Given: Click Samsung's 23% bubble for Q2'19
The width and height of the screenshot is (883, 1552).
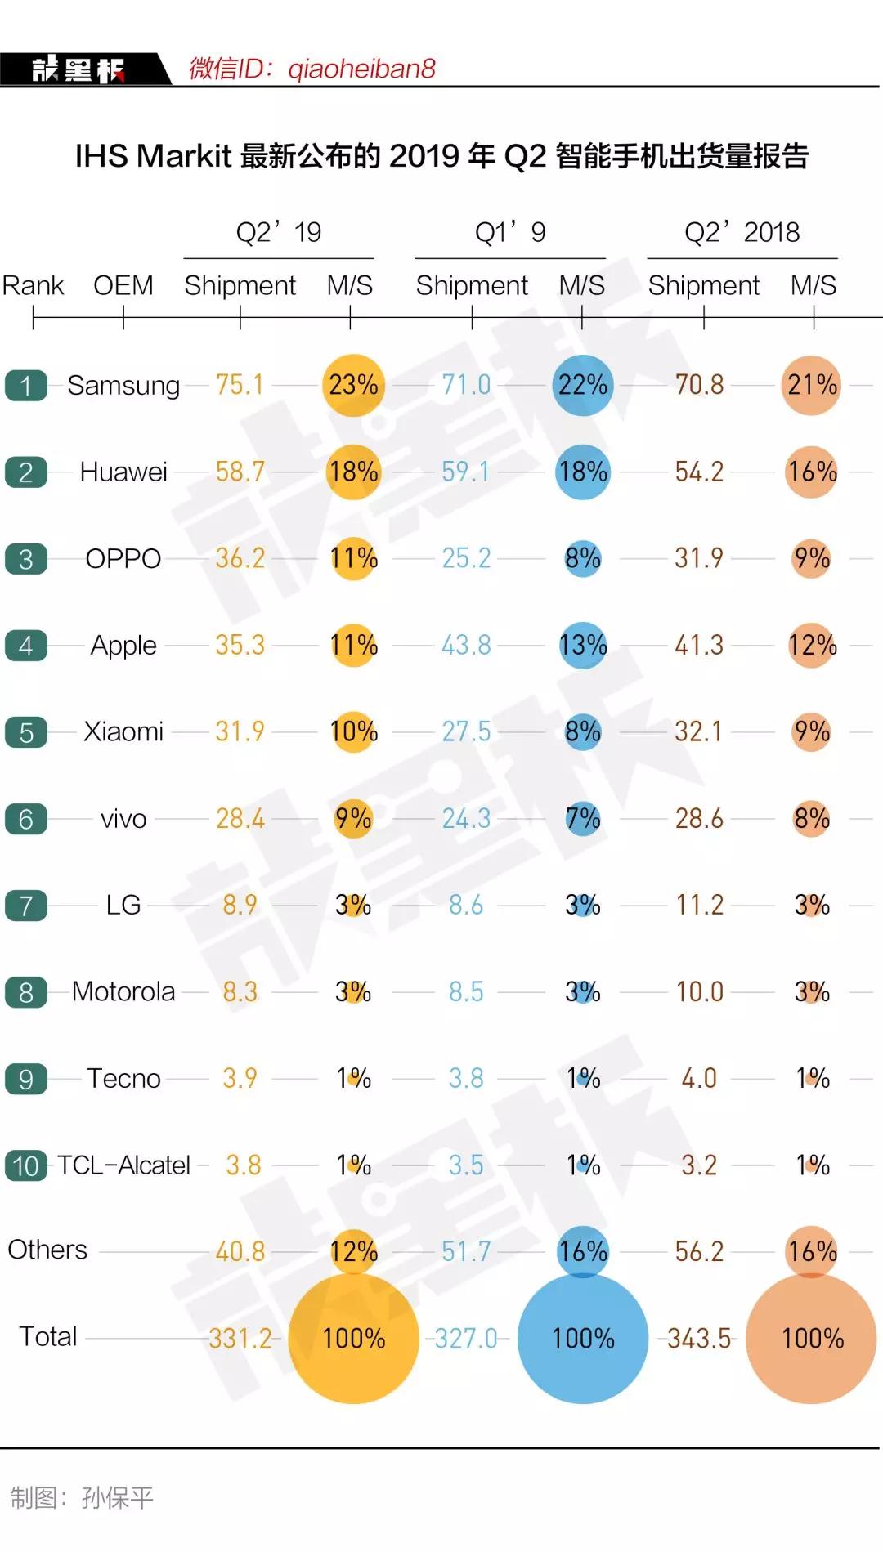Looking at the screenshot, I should pos(353,385).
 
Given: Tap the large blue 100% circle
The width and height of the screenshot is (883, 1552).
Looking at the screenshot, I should pos(583,1338).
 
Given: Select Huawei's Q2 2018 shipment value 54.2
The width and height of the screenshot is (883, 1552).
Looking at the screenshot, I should pos(699,472).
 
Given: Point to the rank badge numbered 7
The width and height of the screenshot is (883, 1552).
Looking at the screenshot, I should pos(26,906).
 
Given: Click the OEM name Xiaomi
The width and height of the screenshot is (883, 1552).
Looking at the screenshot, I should pos(123,731).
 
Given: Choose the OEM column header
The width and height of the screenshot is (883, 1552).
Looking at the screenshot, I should pos(123,285).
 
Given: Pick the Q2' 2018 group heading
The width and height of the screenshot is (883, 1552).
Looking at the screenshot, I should pos(742,232).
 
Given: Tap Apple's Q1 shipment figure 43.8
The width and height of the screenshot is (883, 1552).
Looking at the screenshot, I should pos(466,646).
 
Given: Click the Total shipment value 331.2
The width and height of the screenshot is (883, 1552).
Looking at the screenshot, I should pos(240,1339).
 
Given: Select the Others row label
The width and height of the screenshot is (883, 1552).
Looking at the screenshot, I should pos(47,1250).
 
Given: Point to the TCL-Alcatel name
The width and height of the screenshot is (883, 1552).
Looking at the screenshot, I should pos(123,1165).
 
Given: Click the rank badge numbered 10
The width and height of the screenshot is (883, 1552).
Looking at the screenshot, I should pos(26,1165).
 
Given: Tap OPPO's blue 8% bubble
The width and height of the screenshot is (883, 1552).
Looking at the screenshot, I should pos(583,559).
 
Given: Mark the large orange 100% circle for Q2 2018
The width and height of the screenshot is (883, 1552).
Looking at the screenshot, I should pos(812,1338).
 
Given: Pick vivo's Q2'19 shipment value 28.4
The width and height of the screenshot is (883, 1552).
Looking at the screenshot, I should pos(240,819).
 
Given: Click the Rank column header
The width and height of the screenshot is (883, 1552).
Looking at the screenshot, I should pos(33,285).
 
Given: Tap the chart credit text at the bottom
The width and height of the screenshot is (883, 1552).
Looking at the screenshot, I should pos(82,1497).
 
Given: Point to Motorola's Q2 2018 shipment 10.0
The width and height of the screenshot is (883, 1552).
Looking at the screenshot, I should pos(699,992).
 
